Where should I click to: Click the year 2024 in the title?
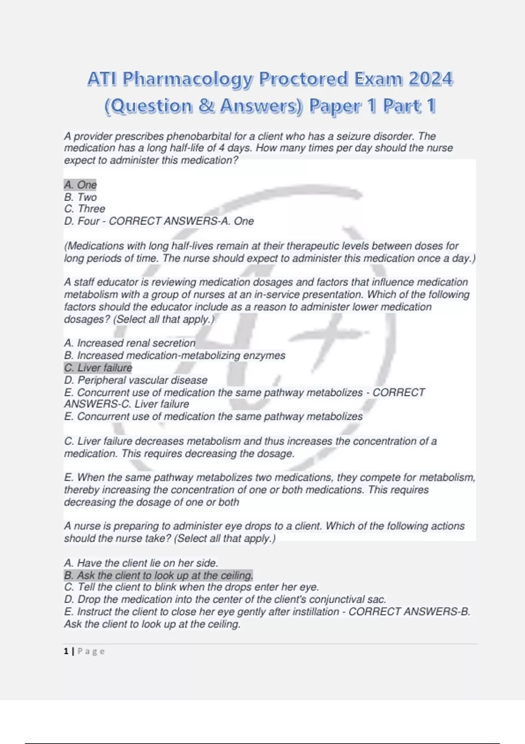click(x=430, y=79)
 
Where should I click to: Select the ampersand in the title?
click(x=206, y=106)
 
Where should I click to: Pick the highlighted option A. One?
click(x=80, y=185)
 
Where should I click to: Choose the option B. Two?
click(x=80, y=197)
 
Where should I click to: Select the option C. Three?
click(x=85, y=209)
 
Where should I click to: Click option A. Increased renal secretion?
click(x=130, y=343)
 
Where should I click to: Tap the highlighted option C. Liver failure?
click(x=98, y=368)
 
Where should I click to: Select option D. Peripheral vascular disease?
click(x=136, y=380)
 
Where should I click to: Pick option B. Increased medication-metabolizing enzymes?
click(x=175, y=355)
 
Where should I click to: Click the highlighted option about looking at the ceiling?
click(x=158, y=575)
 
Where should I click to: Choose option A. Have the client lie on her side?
click(x=141, y=563)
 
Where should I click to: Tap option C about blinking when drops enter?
click(x=191, y=587)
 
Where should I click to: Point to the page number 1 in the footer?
click(x=66, y=651)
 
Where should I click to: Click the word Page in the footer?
click(x=91, y=651)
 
